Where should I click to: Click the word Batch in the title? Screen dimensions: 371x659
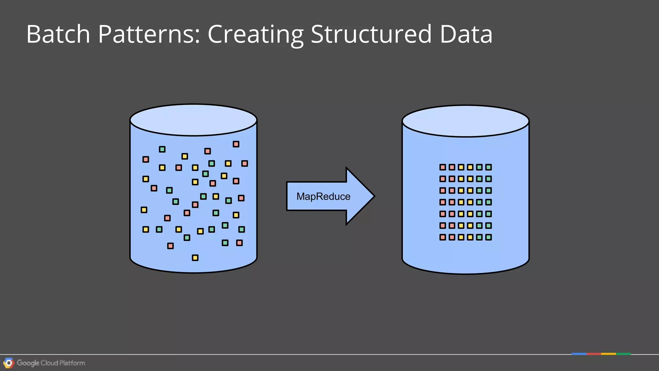tap(58, 34)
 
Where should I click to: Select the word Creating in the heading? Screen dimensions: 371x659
tap(255, 34)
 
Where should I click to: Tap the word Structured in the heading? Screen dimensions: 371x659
tap(371, 34)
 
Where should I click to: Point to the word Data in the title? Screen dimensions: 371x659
tap(466, 34)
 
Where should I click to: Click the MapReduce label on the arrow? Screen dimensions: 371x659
tap(323, 196)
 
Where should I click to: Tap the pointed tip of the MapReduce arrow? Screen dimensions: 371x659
tap(373, 196)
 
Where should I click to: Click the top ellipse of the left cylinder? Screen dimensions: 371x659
tap(193, 120)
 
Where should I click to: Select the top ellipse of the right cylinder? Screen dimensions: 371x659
tap(465, 121)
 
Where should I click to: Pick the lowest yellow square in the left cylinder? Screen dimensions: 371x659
tap(195, 258)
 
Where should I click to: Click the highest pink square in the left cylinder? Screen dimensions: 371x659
tap(236, 144)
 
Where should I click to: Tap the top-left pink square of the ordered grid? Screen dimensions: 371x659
tap(443, 167)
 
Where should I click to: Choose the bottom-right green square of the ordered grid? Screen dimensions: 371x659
tap(488, 237)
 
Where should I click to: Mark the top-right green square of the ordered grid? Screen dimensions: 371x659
tap(488, 167)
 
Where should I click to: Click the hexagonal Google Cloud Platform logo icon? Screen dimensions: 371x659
tap(9, 363)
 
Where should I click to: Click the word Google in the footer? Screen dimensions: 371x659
tap(28, 363)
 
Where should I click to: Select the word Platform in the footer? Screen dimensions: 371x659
tap(72, 363)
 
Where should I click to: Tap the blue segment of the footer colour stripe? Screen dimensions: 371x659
tap(579, 354)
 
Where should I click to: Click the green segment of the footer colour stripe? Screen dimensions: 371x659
tap(623, 354)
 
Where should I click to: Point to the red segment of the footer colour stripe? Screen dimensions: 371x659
tap(594, 354)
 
